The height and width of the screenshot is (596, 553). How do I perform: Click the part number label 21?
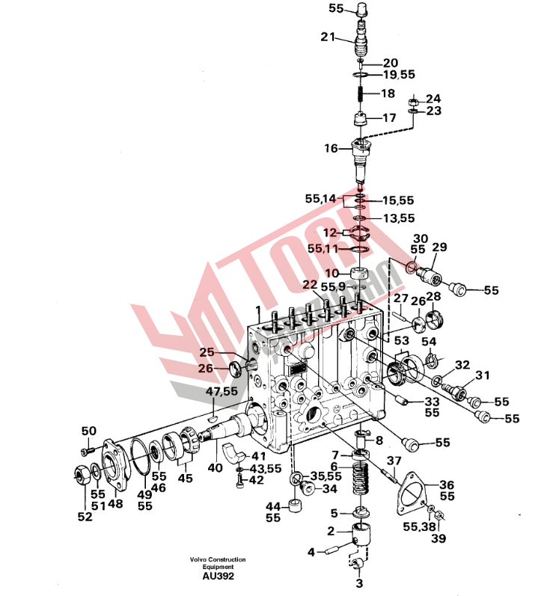coord(329,37)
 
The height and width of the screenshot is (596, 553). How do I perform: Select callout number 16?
coord(332,149)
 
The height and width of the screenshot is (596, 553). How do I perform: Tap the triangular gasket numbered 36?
coord(414,494)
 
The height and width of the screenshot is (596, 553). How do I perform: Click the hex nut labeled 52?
coord(79,473)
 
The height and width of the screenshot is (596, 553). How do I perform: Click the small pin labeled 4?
coord(331,552)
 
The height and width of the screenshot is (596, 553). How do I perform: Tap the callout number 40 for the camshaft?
coord(216,468)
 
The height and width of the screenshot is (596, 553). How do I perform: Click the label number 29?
coord(439,246)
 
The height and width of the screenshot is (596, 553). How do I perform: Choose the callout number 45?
coord(185,478)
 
